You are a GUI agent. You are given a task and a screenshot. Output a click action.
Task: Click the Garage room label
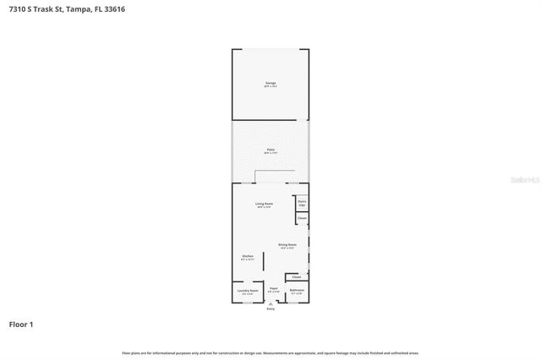point(270,84)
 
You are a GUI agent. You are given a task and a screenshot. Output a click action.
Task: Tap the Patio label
point(270,151)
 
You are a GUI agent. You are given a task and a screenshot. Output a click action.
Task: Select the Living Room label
point(264,205)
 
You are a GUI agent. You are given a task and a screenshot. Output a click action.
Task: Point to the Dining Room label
point(287,246)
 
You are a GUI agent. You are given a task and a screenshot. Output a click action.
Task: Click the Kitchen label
point(248,257)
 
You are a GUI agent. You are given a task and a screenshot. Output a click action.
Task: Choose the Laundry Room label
point(248,291)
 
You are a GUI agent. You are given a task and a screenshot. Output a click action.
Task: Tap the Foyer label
point(273,290)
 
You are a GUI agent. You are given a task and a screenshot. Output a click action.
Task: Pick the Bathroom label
point(297,291)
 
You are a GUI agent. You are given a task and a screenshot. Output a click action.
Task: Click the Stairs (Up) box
point(301,202)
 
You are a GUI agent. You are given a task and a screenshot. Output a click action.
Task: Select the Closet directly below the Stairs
point(301,218)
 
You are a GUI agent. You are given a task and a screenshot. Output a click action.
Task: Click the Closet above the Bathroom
point(296,276)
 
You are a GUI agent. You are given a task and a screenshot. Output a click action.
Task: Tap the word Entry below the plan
point(270,309)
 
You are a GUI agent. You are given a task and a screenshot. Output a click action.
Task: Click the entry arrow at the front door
point(270,304)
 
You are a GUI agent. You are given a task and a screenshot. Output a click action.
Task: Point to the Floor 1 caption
point(21,325)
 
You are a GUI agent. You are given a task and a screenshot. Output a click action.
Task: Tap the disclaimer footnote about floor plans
point(270,352)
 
